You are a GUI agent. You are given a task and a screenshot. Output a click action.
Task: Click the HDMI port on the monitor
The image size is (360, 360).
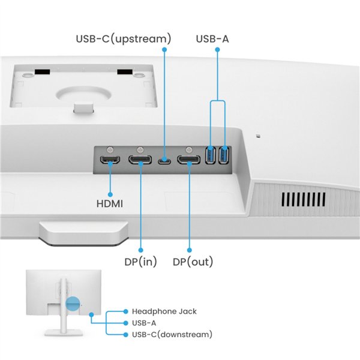[x=110, y=160]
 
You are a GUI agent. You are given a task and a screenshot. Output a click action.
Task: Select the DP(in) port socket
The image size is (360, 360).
[x=140, y=160]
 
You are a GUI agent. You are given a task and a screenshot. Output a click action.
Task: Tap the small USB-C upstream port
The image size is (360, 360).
[x=164, y=160]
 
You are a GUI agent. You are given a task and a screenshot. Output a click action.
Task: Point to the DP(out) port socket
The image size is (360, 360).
[x=188, y=160]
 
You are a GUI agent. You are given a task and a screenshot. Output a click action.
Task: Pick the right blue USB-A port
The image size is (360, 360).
[x=224, y=155]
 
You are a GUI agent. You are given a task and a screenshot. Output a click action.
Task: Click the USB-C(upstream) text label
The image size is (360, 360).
[x=123, y=39]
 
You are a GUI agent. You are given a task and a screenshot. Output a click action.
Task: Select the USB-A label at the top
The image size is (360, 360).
[x=212, y=39]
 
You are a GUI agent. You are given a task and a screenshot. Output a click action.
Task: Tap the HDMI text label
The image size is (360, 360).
[x=110, y=203]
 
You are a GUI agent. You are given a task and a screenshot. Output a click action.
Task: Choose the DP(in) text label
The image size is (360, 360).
[x=140, y=262]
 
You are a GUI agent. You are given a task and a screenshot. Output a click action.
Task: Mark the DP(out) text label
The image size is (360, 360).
[x=193, y=262]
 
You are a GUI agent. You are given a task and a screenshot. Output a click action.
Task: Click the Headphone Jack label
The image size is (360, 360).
[x=164, y=311]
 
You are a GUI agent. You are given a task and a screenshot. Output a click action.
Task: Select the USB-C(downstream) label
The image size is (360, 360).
[x=172, y=334]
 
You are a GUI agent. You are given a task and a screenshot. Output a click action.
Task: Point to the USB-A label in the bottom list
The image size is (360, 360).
[x=148, y=323]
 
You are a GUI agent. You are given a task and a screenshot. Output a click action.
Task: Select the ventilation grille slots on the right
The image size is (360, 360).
[x=304, y=199]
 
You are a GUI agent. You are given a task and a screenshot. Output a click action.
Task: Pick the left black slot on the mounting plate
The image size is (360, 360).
[x=41, y=72]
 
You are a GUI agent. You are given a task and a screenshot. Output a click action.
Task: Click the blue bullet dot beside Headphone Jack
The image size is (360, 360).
[x=125, y=311]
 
